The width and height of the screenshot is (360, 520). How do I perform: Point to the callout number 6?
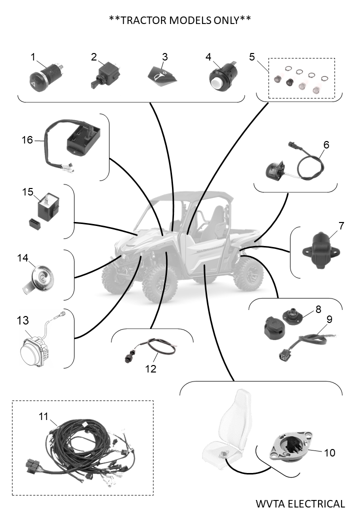point(326,144)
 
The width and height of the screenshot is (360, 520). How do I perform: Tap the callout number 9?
point(329,318)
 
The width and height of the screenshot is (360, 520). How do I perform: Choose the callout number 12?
point(150,369)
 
